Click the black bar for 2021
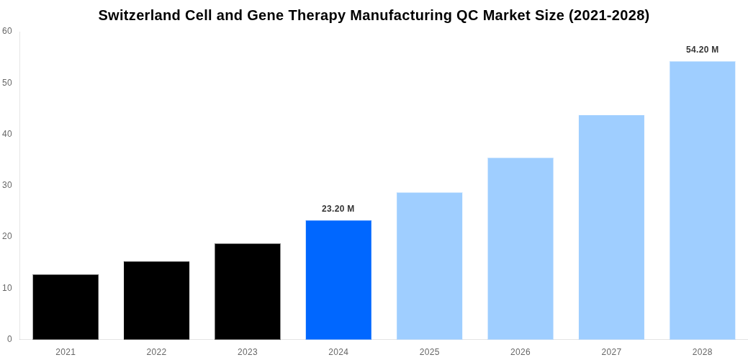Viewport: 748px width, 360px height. (x=66, y=307)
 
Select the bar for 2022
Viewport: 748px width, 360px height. (x=156, y=300)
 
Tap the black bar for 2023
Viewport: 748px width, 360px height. (x=248, y=292)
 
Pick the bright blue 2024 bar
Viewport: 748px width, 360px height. (x=338, y=280)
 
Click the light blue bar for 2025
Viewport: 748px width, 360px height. (x=430, y=266)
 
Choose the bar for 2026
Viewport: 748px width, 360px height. (x=521, y=248)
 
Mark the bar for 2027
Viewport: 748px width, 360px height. (x=611, y=227)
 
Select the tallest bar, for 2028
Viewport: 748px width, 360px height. (x=703, y=200)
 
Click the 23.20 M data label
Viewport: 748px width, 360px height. (x=338, y=209)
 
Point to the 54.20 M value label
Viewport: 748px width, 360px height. (x=703, y=50)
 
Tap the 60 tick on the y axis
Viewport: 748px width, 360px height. (x=7, y=31)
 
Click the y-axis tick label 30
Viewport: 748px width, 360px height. (x=7, y=185)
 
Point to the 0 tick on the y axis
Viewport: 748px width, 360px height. (x=9, y=339)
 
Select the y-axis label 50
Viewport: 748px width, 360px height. (x=7, y=83)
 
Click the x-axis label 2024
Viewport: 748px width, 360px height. (x=338, y=352)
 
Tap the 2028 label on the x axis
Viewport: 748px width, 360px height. (x=703, y=352)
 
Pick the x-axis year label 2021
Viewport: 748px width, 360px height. (x=66, y=352)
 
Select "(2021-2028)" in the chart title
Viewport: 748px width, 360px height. (x=609, y=15)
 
